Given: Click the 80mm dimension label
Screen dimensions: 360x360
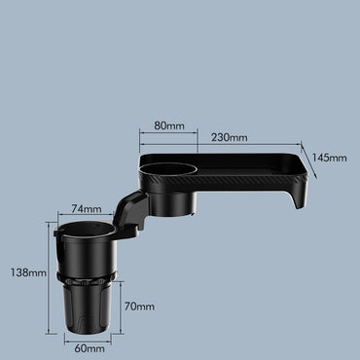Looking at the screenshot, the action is pyautogui.click(x=169, y=126).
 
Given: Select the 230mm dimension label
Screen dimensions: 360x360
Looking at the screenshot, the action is pyautogui.click(x=230, y=137).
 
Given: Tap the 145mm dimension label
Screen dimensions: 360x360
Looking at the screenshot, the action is pyautogui.click(x=330, y=158).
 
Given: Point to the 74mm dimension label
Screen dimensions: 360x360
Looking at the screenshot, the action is pyautogui.click(x=87, y=209).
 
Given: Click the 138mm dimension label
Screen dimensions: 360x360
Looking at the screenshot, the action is pyautogui.click(x=28, y=272).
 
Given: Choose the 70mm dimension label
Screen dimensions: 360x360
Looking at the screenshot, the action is pyautogui.click(x=139, y=306).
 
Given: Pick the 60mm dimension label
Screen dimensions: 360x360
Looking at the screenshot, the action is pyautogui.click(x=90, y=348).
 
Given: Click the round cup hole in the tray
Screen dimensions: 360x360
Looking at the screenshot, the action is pyautogui.click(x=168, y=169).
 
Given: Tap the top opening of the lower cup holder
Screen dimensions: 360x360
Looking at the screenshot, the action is pyautogui.click(x=87, y=230).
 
